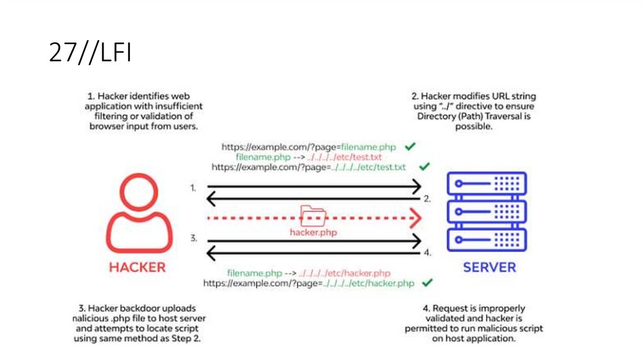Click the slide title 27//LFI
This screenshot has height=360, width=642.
[90, 54]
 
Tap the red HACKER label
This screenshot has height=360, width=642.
[137, 267]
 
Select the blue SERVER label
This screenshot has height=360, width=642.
[489, 268]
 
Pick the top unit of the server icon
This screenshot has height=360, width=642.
[487, 184]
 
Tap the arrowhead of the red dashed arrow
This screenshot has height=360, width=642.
[414, 217]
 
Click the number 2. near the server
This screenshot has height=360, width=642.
[428, 199]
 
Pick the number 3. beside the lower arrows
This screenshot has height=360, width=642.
[194, 238]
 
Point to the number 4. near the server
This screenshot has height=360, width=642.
[428, 253]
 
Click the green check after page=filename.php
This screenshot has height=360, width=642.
[410, 146]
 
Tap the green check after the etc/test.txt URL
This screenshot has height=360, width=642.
[424, 167]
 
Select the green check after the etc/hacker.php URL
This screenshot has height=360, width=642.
[428, 283]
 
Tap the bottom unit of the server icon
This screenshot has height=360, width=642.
[487, 239]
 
